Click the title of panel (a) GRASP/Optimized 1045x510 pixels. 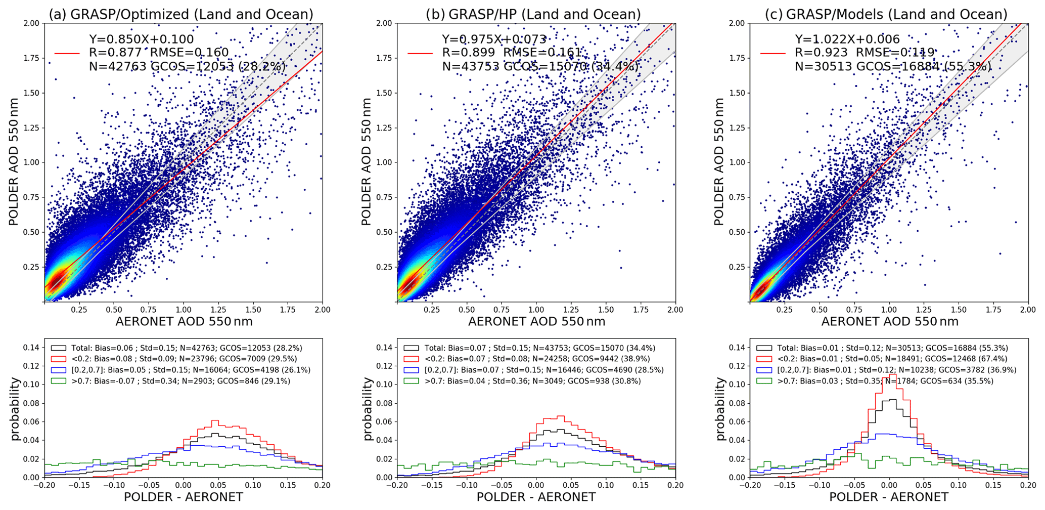click(x=181, y=14)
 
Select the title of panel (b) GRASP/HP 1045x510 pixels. click(x=533, y=14)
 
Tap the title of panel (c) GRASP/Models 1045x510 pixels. click(x=886, y=14)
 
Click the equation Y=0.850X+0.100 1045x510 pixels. click(x=142, y=39)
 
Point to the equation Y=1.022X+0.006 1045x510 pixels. click(x=847, y=39)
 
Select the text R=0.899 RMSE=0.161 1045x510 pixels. click(x=512, y=52)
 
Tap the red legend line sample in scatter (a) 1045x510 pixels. click(x=67, y=53)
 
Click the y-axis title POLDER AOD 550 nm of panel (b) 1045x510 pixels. click(x=366, y=162)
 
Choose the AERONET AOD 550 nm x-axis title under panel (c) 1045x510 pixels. click(x=890, y=321)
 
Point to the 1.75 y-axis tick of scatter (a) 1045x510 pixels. click(x=33, y=58)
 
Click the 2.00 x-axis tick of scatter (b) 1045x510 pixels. click(x=675, y=310)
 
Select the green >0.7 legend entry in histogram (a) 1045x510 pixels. click(x=170, y=381)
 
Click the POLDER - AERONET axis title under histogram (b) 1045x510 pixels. click(x=536, y=497)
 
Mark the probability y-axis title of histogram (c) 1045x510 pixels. click(x=720, y=409)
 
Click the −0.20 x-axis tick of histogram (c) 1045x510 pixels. click(x=747, y=485)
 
